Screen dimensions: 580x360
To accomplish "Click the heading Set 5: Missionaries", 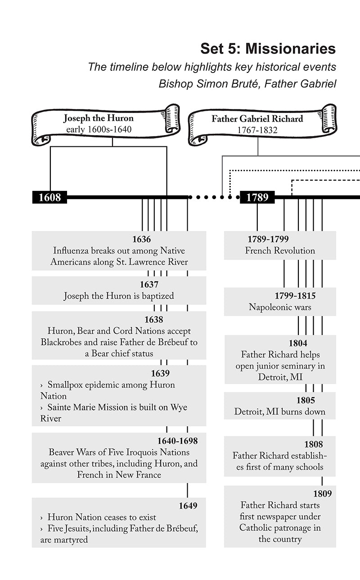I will coord(268,49).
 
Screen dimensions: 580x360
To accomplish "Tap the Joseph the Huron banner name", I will coord(98,118).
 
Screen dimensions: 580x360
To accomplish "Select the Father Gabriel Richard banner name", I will coord(257,119).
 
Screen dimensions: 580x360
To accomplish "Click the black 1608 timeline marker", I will coord(49,197).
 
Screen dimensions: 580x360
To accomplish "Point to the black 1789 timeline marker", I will coord(257,197).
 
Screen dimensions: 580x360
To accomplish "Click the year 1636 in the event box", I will coord(141,239).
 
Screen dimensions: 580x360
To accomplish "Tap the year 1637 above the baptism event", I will coord(149,285).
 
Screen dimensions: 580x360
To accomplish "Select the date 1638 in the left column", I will coord(153,320).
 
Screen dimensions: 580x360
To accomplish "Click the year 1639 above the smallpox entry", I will coord(160,373).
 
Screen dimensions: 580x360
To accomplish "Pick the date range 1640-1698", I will coord(177,441).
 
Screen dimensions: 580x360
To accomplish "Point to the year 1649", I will coord(188,506).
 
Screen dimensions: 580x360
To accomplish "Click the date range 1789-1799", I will coord(268,239).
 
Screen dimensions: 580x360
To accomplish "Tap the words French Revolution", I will coord(280,251).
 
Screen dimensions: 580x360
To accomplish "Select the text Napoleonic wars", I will coord(280,308).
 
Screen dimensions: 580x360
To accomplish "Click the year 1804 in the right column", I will coord(298,343).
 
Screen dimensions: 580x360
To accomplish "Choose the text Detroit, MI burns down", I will coord(280,412).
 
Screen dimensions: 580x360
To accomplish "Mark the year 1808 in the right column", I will coord(313,444).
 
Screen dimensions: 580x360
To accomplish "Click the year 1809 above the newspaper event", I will coord(322,494).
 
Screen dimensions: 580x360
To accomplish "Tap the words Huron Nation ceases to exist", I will coord(102,517).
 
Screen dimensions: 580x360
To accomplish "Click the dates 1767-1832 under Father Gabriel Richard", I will coord(257,131).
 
